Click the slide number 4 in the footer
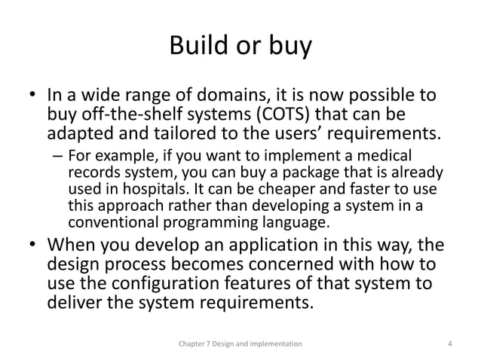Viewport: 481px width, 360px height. [449, 343]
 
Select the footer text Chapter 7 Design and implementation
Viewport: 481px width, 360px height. [240, 343]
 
